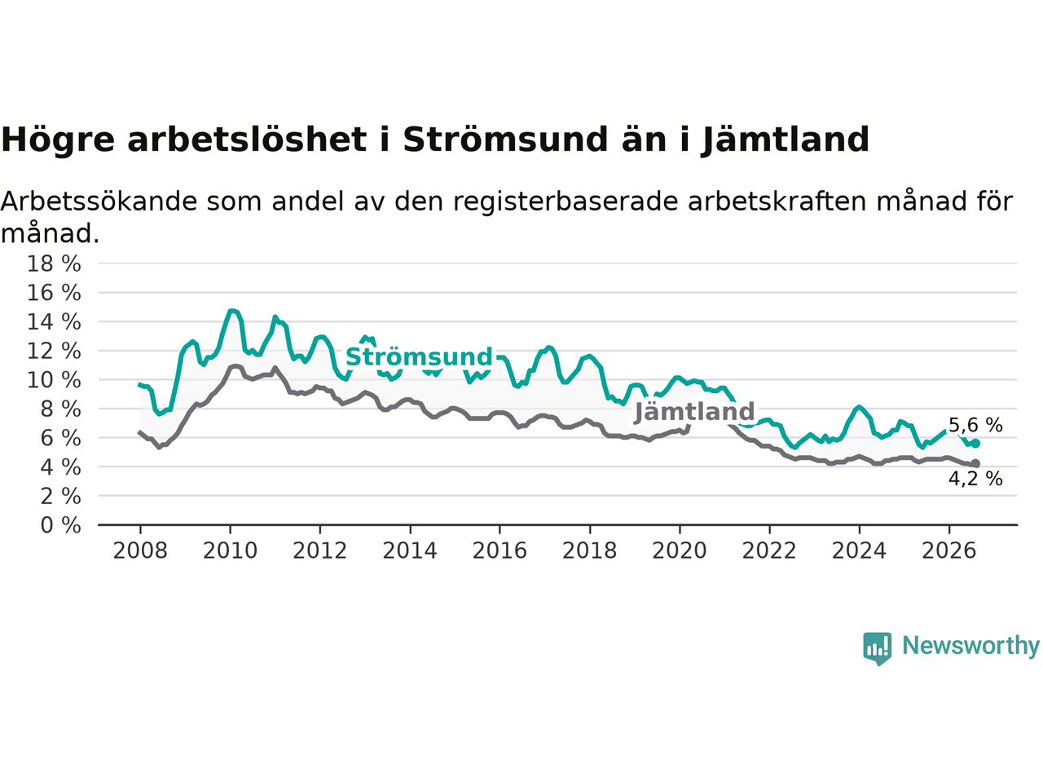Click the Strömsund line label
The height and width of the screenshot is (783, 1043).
click(x=419, y=357)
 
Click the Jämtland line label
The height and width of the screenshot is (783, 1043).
click(x=694, y=412)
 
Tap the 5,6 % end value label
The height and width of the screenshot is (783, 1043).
click(x=975, y=425)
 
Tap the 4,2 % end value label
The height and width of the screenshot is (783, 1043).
click(x=975, y=479)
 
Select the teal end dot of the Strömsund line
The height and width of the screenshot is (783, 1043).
click(x=975, y=444)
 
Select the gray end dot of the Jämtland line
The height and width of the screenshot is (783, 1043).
click(x=975, y=463)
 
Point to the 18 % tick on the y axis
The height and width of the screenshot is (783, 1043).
click(x=54, y=263)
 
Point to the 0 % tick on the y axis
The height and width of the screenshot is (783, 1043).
click(x=60, y=525)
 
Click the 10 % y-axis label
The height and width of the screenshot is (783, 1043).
click(x=54, y=380)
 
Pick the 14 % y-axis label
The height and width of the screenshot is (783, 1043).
click(x=54, y=322)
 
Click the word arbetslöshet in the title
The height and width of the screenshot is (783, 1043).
click(x=247, y=139)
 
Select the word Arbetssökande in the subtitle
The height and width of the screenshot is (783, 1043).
click(x=99, y=201)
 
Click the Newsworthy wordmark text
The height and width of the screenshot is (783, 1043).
click(x=970, y=646)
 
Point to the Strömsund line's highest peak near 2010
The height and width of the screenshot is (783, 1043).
click(x=231, y=311)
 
